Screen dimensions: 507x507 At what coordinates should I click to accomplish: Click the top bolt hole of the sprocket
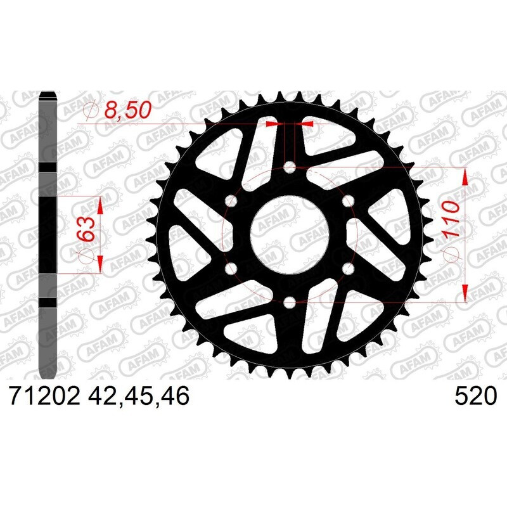coord(290,167)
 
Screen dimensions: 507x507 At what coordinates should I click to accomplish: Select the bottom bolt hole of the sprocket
coord(290,301)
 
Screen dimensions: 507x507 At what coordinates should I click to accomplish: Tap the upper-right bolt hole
coord(348,201)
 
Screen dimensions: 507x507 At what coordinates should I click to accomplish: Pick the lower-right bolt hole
coord(348,268)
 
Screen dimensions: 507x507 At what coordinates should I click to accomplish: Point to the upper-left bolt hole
coord(231,201)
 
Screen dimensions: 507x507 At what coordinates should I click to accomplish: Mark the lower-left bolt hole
coord(231,268)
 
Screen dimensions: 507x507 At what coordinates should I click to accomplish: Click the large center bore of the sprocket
coord(290,234)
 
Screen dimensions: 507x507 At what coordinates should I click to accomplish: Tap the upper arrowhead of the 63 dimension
coord(100,205)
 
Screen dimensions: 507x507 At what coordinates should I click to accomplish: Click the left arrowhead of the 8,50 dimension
coord(273,125)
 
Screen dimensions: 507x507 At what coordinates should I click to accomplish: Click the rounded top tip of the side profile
coord(49,96)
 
